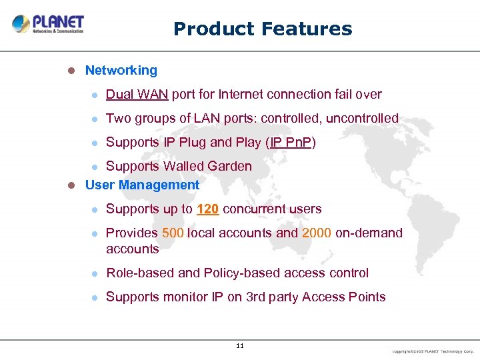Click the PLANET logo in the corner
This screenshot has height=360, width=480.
[47, 24]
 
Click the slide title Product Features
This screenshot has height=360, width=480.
[262, 29]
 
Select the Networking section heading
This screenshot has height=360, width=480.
[121, 71]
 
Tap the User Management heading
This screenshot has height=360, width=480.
[142, 185]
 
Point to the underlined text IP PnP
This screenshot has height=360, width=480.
[291, 143]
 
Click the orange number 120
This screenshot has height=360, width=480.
[208, 209]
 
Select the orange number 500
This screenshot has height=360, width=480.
[173, 233]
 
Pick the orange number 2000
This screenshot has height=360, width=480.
[317, 233]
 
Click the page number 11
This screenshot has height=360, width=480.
[240, 345]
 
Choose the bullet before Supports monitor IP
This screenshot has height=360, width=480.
[95, 297]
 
